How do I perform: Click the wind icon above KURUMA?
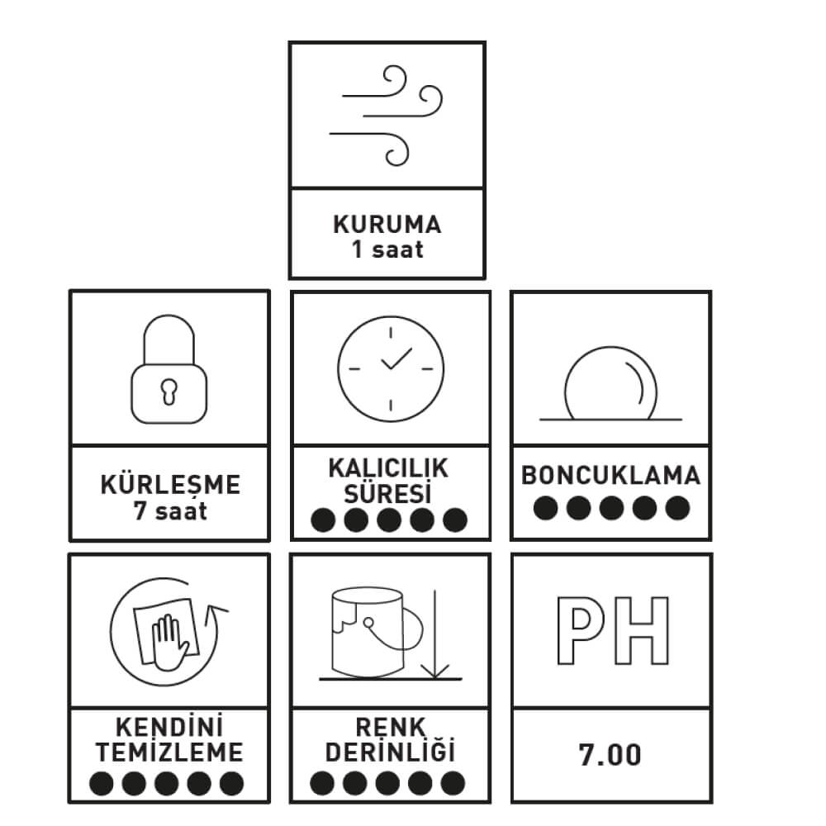(x=387, y=113)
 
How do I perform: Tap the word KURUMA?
(x=387, y=225)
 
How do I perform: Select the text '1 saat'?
(x=387, y=249)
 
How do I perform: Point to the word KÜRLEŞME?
(x=170, y=484)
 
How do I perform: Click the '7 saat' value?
(x=170, y=510)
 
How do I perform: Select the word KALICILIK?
(x=388, y=469)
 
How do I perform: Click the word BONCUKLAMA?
(x=610, y=476)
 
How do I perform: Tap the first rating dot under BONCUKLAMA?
(x=546, y=508)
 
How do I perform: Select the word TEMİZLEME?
(x=169, y=752)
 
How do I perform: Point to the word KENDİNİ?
(x=169, y=728)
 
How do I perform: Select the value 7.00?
(x=610, y=755)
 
